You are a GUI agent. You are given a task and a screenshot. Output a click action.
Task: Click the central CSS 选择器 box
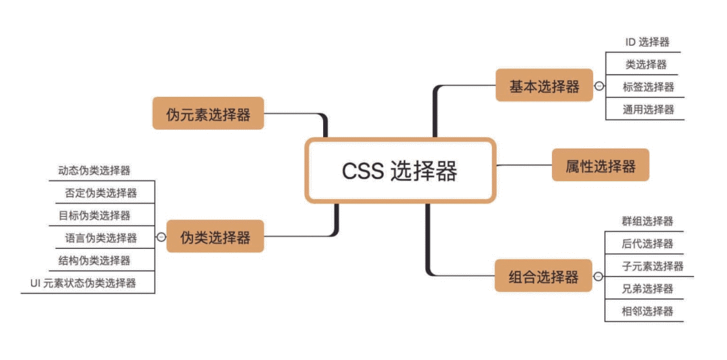coord(400,170)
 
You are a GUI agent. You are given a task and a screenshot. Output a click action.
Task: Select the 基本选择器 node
coord(545,85)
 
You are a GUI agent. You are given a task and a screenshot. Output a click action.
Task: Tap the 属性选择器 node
coord(600,165)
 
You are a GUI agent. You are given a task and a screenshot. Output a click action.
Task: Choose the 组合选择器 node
coord(543,276)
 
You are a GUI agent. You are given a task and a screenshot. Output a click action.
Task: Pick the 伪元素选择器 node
coord(208,113)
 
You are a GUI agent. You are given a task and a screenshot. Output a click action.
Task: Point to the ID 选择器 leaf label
coord(648,42)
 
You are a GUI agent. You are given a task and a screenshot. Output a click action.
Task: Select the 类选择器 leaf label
coord(646,65)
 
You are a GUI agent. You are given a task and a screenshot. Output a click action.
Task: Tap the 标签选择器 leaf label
coord(649,87)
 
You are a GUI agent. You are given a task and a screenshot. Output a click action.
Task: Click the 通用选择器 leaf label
coord(649,109)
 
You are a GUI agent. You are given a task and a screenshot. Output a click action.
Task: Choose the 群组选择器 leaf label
coord(648,221)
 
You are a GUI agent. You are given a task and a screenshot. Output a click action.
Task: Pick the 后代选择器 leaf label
coord(648,244)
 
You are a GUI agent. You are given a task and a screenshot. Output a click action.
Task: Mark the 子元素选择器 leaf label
coord(653,266)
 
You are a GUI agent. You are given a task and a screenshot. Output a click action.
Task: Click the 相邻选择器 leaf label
coord(648,311)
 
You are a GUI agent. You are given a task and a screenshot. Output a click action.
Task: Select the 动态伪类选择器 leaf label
coord(95,170)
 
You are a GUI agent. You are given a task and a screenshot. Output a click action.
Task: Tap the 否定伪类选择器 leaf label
coord(101,192)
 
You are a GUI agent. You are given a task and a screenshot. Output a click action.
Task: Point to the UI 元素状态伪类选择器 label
coord(83,283)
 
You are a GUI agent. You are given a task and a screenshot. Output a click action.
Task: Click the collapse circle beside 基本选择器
coord(600,85)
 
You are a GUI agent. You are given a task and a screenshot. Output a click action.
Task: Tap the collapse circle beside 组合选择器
coord(598,277)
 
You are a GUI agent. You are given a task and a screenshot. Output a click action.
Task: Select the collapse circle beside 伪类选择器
coord(161,237)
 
